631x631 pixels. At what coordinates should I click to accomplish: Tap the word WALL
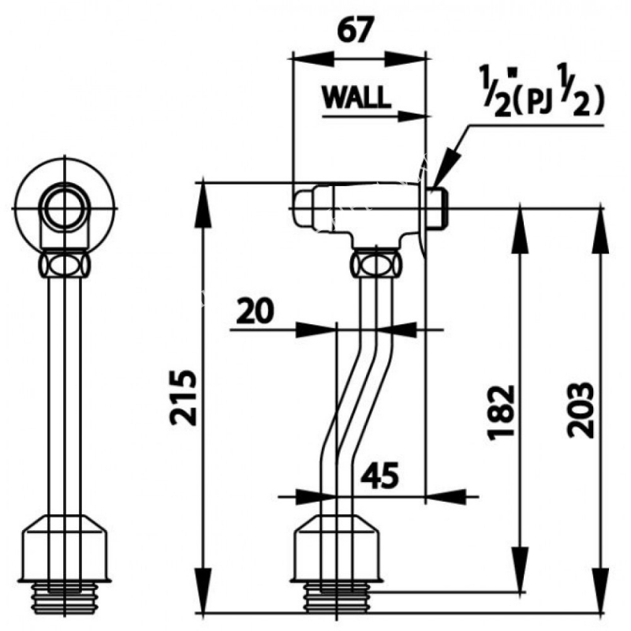pos(355,97)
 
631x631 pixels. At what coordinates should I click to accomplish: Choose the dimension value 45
pos(380,476)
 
